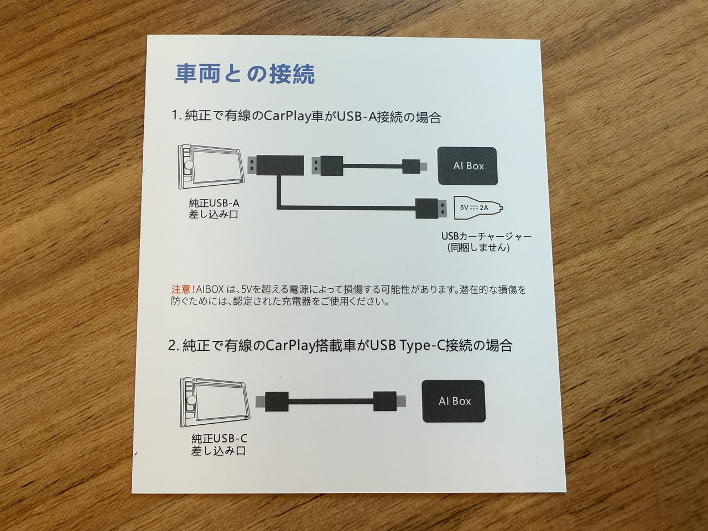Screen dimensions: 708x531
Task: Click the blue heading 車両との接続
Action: coord(245,74)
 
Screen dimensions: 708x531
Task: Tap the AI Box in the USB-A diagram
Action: coord(467,166)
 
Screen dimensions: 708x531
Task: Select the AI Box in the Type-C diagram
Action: coord(454,401)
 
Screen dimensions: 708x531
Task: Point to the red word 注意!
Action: coord(183,289)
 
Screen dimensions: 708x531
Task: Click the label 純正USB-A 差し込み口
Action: coord(214,209)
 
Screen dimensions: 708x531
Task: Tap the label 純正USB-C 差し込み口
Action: coord(219,445)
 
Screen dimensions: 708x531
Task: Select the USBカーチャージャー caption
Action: coord(486,236)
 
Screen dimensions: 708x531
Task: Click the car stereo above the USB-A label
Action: coord(211,167)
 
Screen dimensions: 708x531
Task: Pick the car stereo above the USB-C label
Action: coord(215,402)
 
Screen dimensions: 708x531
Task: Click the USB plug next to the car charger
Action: coord(430,209)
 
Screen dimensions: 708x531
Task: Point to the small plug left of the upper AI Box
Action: coord(414,166)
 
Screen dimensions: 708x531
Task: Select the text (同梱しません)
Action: coord(478,248)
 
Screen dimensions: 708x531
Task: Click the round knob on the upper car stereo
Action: coord(189,165)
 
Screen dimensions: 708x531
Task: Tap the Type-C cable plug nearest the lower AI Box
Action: coord(389,401)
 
